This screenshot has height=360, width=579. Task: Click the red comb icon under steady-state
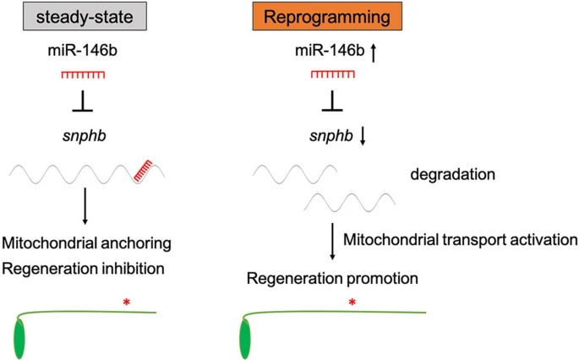(x=82, y=77)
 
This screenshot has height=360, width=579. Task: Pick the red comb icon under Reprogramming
(x=332, y=77)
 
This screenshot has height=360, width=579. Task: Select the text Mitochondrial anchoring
(x=88, y=243)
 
